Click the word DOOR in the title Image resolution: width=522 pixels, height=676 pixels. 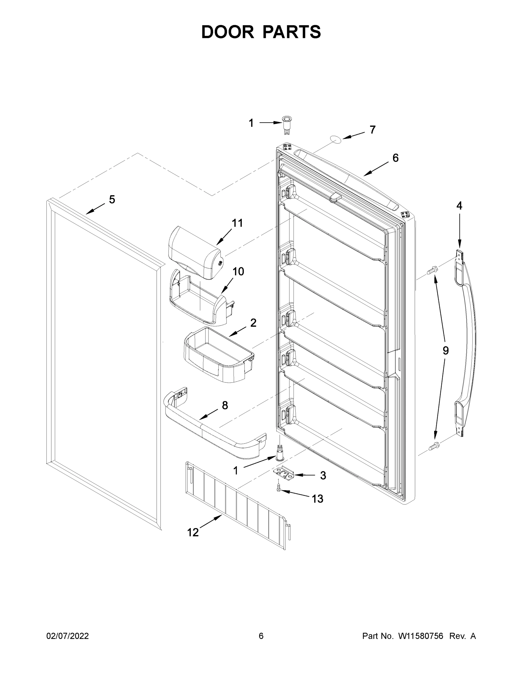pyautogui.click(x=227, y=32)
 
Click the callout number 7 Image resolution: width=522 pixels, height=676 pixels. pyautogui.click(x=373, y=130)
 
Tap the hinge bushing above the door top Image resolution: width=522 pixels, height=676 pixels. pyautogui.click(x=286, y=124)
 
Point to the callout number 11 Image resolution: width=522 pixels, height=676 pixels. pyautogui.click(x=237, y=223)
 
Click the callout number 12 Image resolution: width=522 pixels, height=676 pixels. pyautogui.click(x=193, y=532)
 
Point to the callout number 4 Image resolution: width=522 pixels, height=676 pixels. pyautogui.click(x=459, y=206)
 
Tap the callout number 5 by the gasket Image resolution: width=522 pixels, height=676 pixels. pyautogui.click(x=112, y=200)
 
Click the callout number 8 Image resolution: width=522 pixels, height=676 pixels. pyautogui.click(x=225, y=406)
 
